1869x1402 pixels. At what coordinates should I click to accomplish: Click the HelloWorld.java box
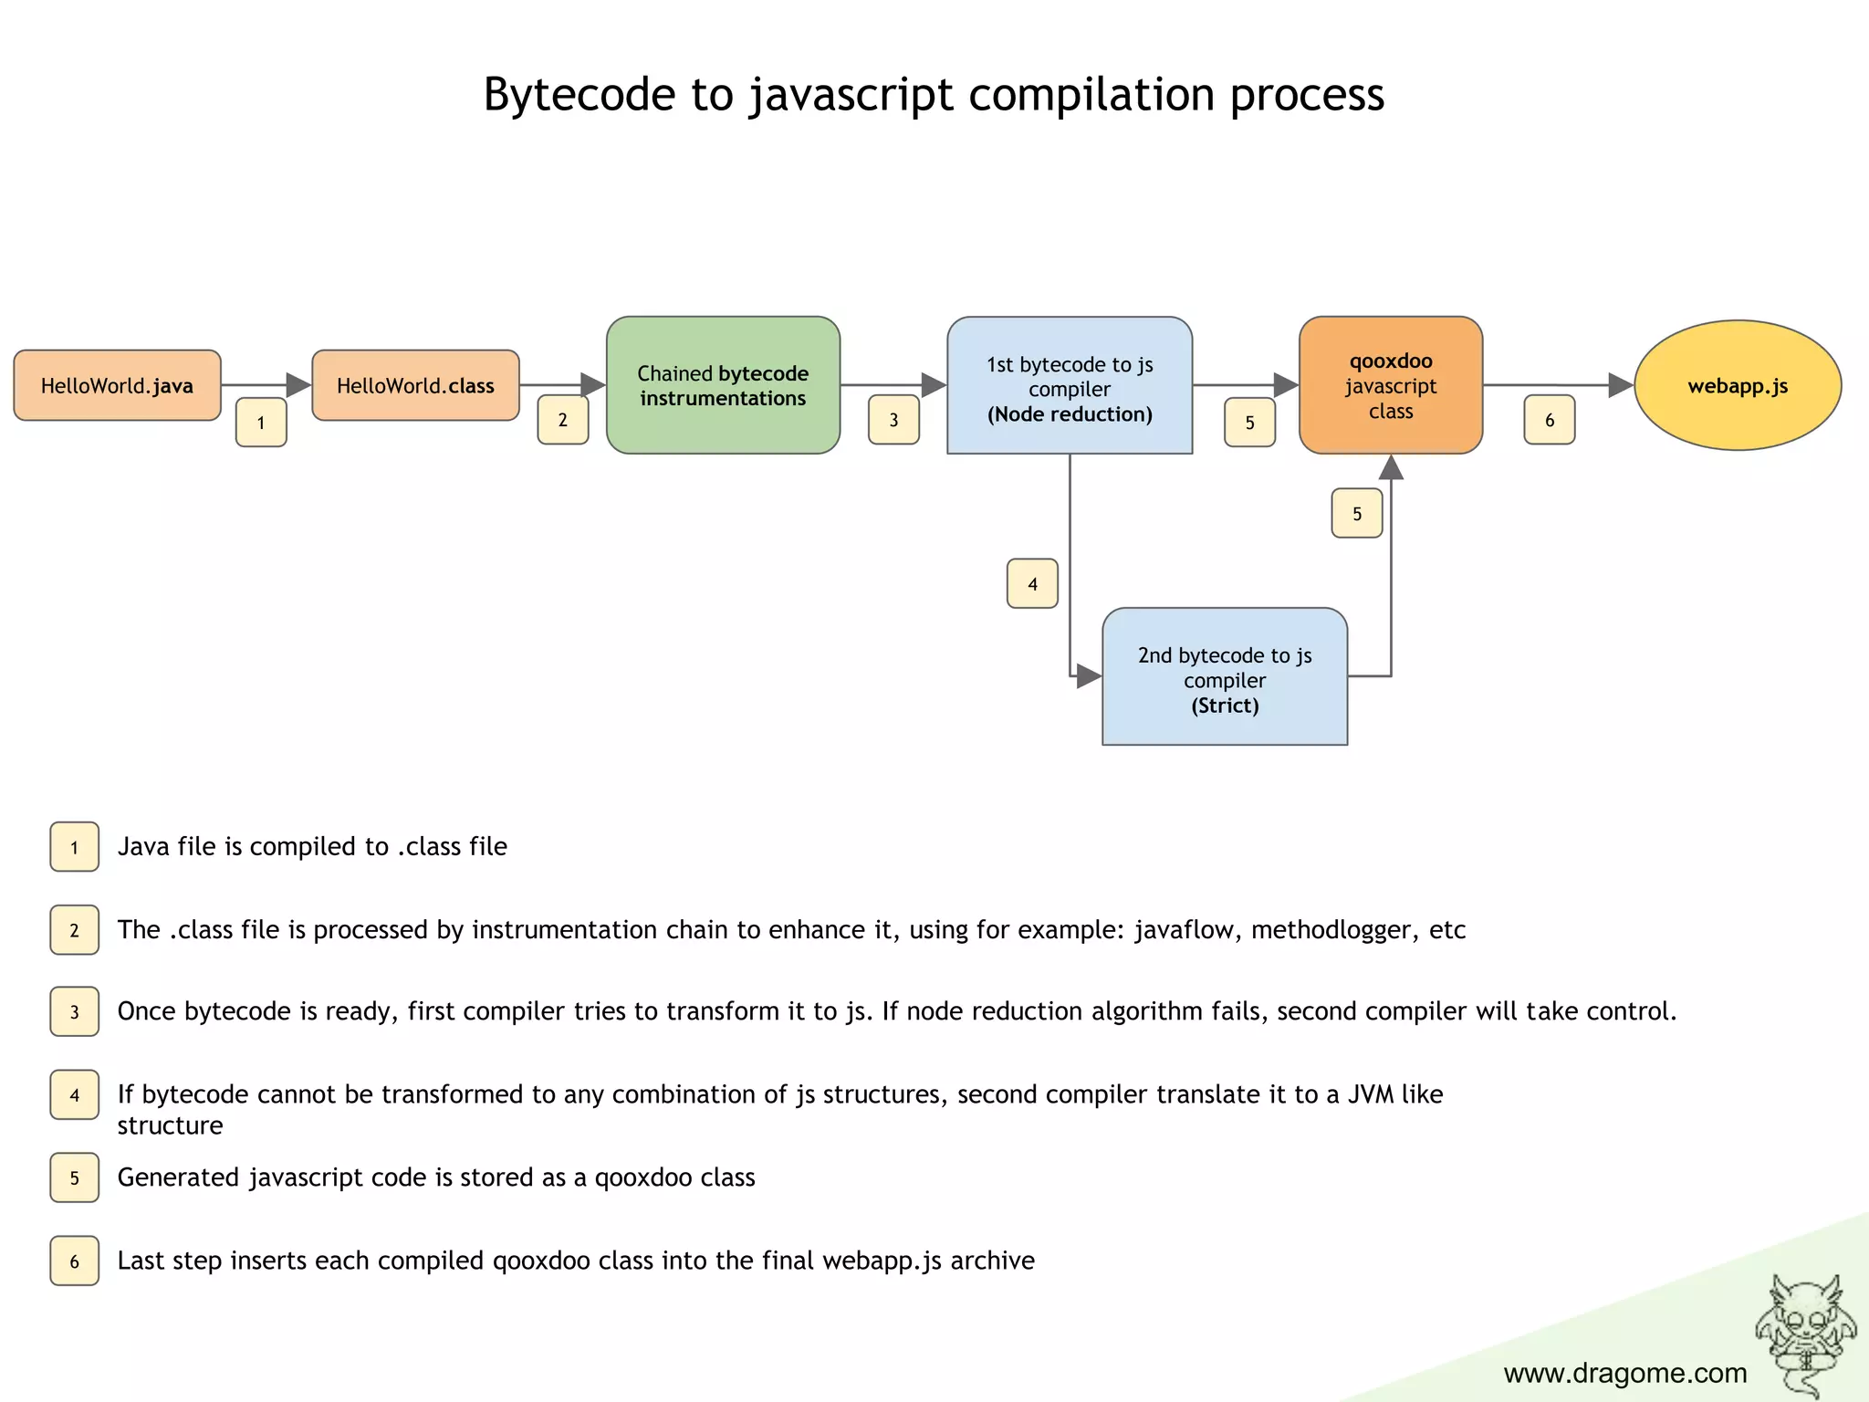[x=117, y=385]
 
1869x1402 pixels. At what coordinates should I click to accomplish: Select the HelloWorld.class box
[x=415, y=385]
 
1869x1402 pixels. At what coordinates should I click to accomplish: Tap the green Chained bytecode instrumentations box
[x=723, y=385]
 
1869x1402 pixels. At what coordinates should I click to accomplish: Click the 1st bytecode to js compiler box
[x=1070, y=385]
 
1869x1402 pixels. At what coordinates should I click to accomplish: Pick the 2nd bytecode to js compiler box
[x=1225, y=677]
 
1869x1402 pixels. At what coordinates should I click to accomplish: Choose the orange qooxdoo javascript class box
[x=1391, y=385]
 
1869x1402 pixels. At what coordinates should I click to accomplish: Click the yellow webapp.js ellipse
[x=1738, y=385]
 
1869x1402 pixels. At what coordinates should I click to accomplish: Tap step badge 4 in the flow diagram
[x=1032, y=583]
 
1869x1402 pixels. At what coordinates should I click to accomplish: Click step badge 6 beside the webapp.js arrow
[x=1550, y=420]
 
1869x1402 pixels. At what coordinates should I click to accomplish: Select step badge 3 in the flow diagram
[x=893, y=420]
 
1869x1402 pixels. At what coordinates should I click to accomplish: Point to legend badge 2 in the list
[x=75, y=930]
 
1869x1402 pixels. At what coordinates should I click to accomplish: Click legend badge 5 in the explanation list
[x=75, y=1177]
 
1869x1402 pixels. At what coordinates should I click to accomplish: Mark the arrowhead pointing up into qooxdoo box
[x=1391, y=467]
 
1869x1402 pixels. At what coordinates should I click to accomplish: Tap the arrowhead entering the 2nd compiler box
[x=1089, y=676]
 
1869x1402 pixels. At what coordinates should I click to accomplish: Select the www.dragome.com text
[x=1624, y=1373]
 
